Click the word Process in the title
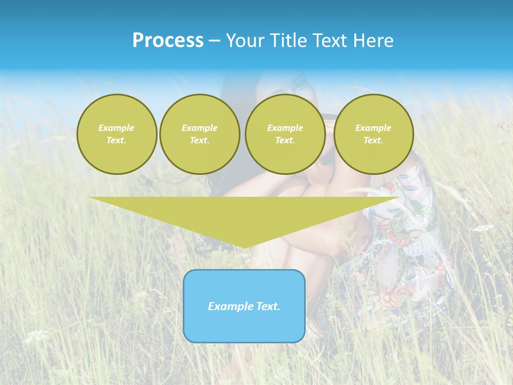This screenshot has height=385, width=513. pos(168,41)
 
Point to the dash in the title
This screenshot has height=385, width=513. pos(215,41)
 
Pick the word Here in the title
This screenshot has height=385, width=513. pos(375,41)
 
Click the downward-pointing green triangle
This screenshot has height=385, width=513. pos(244,214)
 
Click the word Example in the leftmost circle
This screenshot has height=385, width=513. pos(116,128)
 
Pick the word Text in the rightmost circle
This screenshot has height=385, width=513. pos(373,140)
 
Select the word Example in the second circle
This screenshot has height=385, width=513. pos(199,128)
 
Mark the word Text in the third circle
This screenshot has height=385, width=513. pos(285,140)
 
